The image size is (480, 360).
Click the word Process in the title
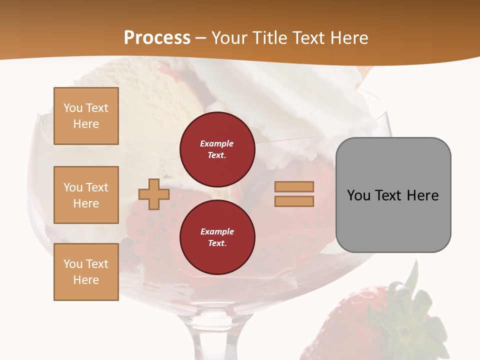coord(157,38)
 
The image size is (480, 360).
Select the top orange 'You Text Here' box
coord(86,116)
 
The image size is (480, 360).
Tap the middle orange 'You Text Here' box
coord(86,195)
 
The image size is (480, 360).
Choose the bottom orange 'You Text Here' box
coord(86,272)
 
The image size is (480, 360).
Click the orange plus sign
coord(154,194)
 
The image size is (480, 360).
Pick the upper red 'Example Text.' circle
coord(217,149)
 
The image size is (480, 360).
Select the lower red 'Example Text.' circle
coord(217,237)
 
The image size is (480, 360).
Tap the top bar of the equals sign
coord(294,186)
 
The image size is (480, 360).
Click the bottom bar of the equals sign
coord(294,201)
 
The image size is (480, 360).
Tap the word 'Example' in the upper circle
coord(217,143)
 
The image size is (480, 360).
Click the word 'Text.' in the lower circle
coord(217,243)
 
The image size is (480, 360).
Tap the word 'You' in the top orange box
coord(73,108)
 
